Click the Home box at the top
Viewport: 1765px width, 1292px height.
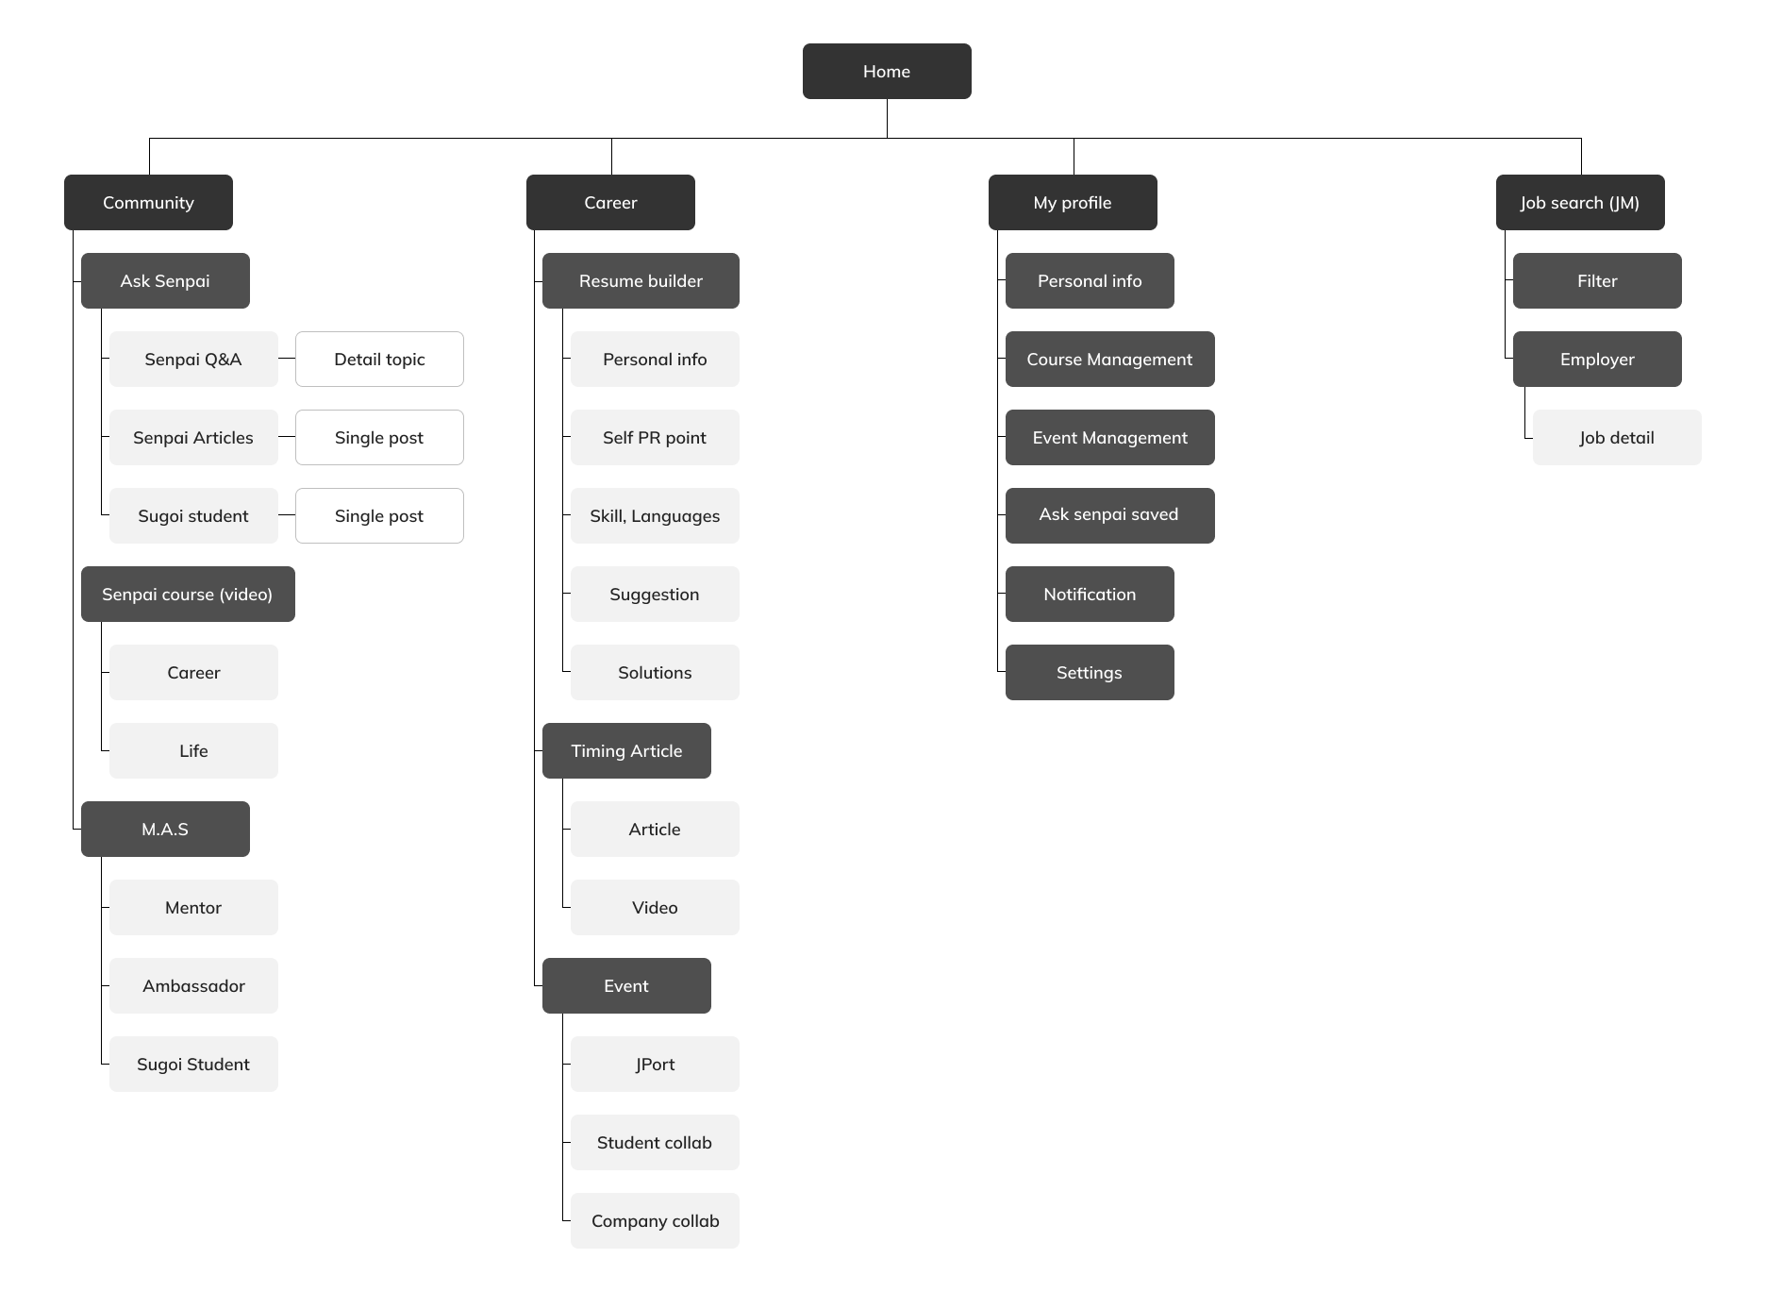887,71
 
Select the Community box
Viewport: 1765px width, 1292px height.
148,202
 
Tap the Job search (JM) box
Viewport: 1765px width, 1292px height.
1580,202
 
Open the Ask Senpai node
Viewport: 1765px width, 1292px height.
165,280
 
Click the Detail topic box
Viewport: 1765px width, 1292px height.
379,359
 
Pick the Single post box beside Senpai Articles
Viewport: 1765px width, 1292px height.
379,437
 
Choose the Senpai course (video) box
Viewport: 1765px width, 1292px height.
188,594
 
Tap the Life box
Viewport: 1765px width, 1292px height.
193,750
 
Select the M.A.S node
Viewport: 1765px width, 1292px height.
165,829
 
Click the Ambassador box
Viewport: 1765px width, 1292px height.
193,985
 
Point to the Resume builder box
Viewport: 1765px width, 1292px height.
641,280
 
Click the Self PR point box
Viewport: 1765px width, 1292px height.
655,437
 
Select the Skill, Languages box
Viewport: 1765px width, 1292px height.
655,515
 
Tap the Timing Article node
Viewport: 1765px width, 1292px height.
626,750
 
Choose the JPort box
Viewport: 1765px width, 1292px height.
655,1064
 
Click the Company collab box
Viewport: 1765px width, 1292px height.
655,1220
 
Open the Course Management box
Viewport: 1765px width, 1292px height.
1110,359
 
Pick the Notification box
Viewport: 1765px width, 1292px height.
1090,594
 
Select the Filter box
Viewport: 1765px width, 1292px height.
1597,280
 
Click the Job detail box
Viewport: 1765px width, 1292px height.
1617,437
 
